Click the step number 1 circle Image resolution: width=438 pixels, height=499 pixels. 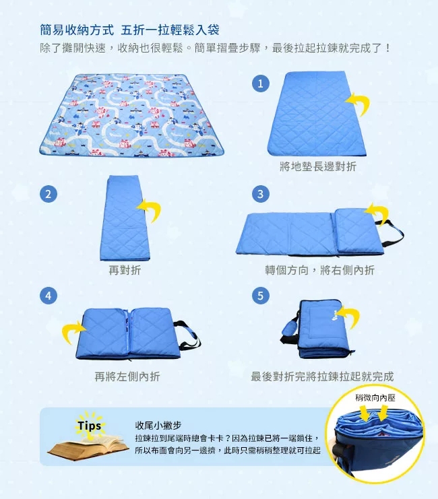pyautogui.click(x=261, y=84)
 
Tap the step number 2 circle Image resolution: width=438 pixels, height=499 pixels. pyautogui.click(x=49, y=194)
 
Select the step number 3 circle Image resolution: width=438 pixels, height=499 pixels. pyautogui.click(x=261, y=194)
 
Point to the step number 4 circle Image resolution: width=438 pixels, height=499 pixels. pyautogui.click(x=48, y=296)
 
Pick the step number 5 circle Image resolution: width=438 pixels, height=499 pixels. pyautogui.click(x=261, y=296)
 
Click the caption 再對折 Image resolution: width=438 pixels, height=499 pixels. pyautogui.click(x=125, y=270)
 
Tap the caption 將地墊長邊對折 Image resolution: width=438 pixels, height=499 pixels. pyautogui.click(x=318, y=166)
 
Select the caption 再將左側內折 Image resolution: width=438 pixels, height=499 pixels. pyautogui.click(x=127, y=376)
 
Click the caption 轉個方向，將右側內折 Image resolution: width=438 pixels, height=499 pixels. pyautogui.click(x=319, y=270)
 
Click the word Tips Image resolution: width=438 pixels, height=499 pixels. pyautogui.click(x=90, y=426)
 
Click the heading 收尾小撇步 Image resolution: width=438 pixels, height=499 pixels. pyautogui.click(x=158, y=425)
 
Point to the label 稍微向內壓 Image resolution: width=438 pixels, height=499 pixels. pyautogui.click(x=375, y=397)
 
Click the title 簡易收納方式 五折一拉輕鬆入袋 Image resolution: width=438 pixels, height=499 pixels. pyautogui.click(x=129, y=30)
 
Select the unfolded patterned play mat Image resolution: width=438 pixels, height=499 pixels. pyautogui.click(x=131, y=115)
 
